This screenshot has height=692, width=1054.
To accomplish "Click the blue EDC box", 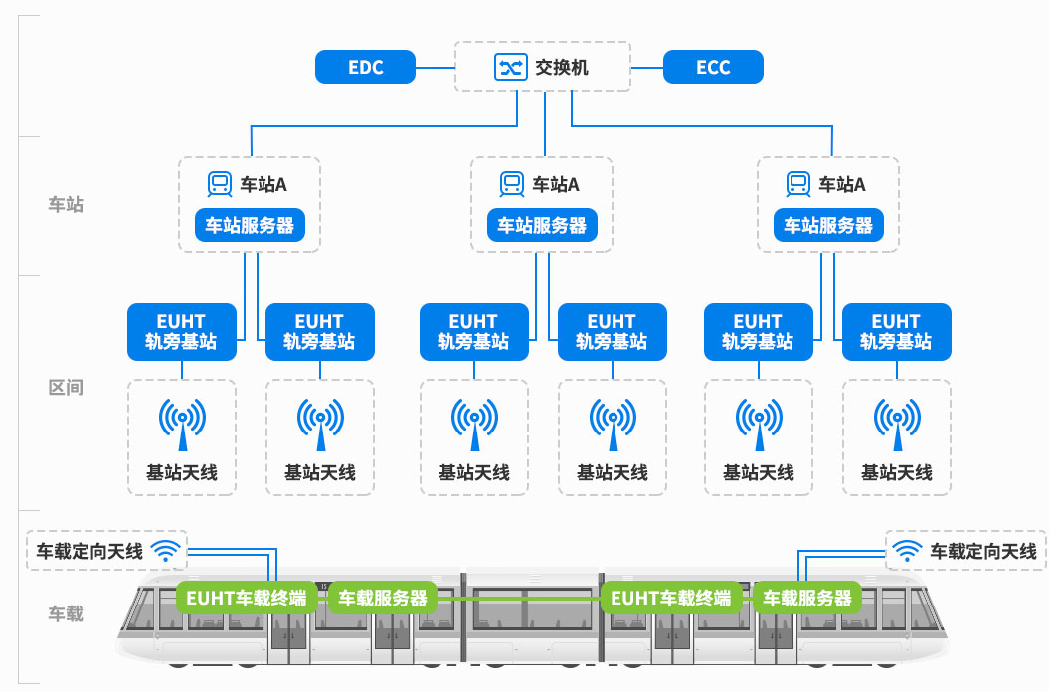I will (x=365, y=67).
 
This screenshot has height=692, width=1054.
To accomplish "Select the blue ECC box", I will (x=713, y=67).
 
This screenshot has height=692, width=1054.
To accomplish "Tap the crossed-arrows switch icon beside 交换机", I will (x=510, y=67).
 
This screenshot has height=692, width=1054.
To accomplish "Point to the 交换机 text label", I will (x=562, y=68).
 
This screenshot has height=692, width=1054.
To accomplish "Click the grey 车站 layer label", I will (x=66, y=205).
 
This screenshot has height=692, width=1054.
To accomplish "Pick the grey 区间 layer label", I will (x=66, y=387).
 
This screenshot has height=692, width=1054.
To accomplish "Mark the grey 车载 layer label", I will (x=66, y=613).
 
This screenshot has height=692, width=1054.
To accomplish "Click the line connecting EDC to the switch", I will (x=435, y=67).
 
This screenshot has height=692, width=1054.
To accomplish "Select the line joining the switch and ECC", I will (x=647, y=67).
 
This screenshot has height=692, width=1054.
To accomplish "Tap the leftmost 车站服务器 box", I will (x=250, y=225).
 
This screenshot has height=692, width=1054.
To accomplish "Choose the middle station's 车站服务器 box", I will (x=542, y=225).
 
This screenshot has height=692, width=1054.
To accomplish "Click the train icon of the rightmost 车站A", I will (x=797, y=183).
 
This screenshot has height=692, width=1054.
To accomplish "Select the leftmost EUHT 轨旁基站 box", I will (x=181, y=332).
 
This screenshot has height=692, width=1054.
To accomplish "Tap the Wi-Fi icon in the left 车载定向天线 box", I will (x=166, y=550).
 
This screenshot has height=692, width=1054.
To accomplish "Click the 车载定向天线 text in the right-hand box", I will (x=982, y=550).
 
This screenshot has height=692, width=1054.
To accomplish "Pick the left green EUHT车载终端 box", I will (x=247, y=598).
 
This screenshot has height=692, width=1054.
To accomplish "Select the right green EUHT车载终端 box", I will (x=670, y=598).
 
